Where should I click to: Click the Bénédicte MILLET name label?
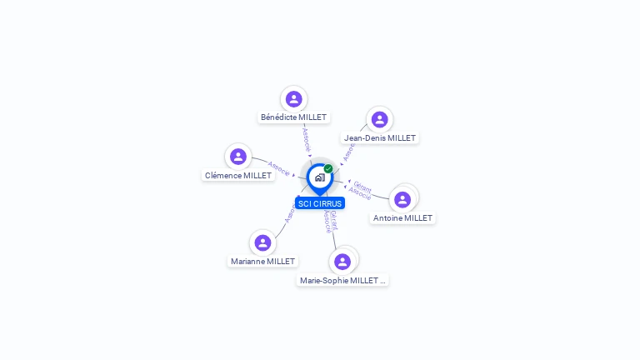pos(293,117)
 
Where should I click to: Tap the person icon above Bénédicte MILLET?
pos(293,99)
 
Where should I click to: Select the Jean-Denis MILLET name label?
pos(380,138)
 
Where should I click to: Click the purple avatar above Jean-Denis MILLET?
pos(379,119)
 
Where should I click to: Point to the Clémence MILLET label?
pos(238,176)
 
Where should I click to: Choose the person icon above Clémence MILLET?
pos(238,156)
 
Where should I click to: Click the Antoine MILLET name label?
pos(402,218)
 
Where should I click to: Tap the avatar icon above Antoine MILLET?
pos(402,199)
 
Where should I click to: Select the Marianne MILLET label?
pos(263,262)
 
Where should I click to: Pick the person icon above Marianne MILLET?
pos(262,242)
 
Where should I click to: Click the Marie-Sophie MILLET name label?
pos(342,281)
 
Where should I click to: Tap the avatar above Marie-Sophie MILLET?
pos(342,262)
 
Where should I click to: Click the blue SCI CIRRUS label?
pos(320,203)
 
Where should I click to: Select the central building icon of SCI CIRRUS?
pos(320,177)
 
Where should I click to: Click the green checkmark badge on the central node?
pos(328,168)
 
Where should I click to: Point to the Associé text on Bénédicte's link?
pos(306,138)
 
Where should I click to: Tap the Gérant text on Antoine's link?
pos(362,186)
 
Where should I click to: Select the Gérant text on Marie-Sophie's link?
pos(333,219)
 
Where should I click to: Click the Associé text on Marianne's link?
pos(289,213)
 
